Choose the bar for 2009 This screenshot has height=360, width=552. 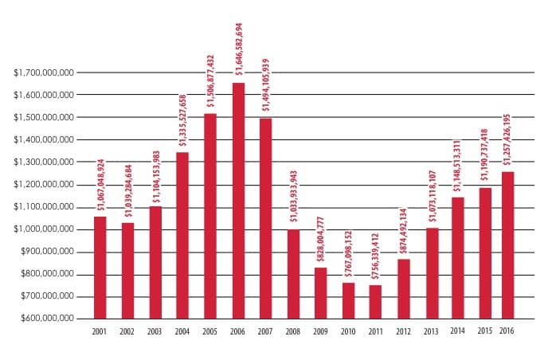click(320, 292)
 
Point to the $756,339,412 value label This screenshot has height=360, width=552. click(376, 255)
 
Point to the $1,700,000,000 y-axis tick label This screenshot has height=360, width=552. click(45, 72)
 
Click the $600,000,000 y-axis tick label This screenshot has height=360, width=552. click(47, 319)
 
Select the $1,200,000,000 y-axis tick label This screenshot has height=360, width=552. click(45, 184)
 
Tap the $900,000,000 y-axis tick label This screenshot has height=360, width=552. click(47, 252)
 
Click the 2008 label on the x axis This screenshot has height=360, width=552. click(293, 331)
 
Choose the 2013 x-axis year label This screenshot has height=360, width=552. click(431, 331)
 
